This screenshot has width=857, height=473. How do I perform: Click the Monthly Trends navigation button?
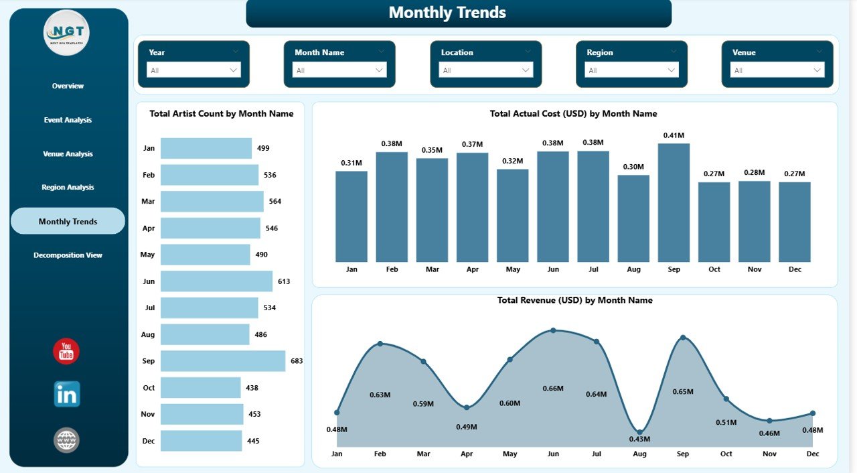[68, 221]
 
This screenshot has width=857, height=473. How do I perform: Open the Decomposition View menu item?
[68, 255]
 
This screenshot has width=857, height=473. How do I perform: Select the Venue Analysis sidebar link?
[68, 154]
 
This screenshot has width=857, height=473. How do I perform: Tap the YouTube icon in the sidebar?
[66, 352]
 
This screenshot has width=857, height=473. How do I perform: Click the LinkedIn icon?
[67, 394]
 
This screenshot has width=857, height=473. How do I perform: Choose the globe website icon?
[67, 440]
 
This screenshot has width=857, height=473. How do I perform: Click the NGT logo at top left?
[66, 32]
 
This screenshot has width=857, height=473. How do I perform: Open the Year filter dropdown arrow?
[234, 70]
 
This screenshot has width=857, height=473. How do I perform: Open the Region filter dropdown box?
[631, 70]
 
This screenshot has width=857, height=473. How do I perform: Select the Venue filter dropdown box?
[777, 70]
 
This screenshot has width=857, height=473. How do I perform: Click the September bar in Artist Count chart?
[222, 361]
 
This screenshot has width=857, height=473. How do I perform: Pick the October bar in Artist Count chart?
[200, 387]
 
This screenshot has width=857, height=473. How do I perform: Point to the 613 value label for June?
[284, 281]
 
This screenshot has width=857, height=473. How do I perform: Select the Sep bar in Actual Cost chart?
[674, 202]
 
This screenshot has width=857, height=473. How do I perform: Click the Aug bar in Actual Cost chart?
[633, 218]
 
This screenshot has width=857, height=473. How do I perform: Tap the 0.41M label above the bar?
[674, 135]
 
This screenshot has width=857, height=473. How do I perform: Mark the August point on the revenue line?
[639, 432]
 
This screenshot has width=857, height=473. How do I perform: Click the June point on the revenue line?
[553, 330]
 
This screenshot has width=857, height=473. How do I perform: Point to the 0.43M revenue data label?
[639, 439]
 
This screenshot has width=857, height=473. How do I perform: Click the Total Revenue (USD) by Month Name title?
[574, 300]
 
